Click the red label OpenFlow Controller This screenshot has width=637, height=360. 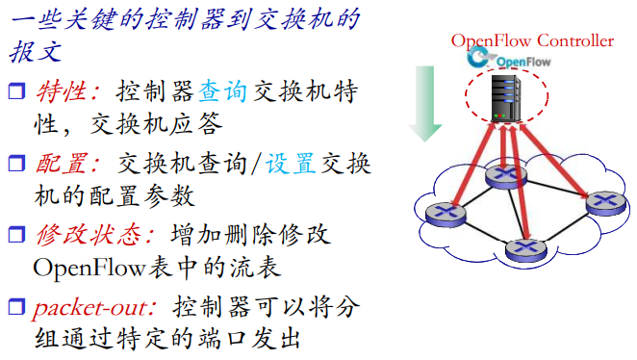(531, 40)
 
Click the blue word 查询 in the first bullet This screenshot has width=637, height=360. (222, 92)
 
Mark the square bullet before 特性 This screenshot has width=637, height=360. (15, 93)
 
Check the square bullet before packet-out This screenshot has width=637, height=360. (15, 308)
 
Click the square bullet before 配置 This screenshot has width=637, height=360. (15, 164)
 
